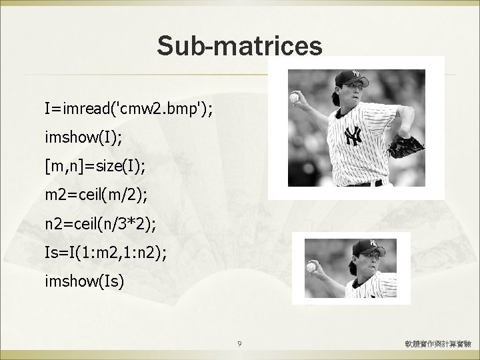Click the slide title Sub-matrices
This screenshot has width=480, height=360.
tap(240, 46)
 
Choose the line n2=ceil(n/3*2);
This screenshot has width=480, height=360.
tap(100, 223)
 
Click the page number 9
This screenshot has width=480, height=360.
tap(240, 344)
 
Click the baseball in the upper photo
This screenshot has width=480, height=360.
tap(294, 98)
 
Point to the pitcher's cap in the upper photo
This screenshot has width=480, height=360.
tap(350, 75)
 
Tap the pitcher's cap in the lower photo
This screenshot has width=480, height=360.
tap(366, 244)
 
